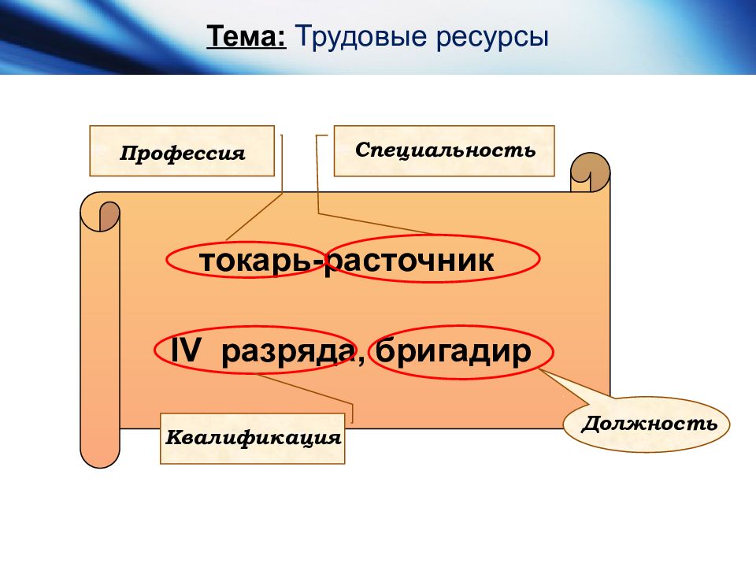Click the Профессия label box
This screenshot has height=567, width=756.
click(182, 151)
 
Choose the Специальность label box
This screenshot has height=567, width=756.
click(444, 150)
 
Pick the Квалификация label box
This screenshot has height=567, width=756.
click(253, 438)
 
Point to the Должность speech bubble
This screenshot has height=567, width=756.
click(649, 424)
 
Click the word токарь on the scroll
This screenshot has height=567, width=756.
click(258, 261)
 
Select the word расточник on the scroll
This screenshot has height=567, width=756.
click(411, 261)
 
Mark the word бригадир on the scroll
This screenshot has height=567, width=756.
click(454, 352)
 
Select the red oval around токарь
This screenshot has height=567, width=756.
click(169, 259)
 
